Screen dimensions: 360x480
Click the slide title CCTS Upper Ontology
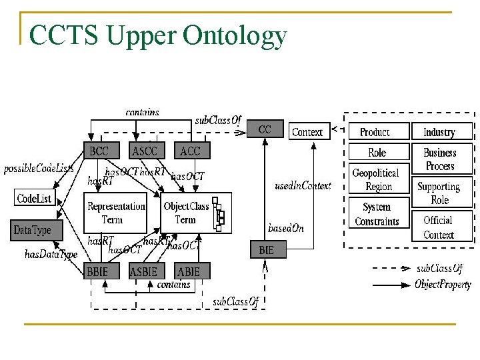pos(158,36)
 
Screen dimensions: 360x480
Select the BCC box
pos(99,151)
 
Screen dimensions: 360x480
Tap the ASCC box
pos(145,151)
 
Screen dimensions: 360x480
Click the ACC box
pos(190,151)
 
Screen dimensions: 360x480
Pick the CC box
pos(265,129)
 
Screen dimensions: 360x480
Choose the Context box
pos(307,131)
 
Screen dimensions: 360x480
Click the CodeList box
pos(33,198)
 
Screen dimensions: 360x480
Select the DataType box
pos(32,230)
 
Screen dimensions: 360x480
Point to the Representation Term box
pos(116,213)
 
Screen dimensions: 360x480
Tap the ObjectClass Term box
pos(186,213)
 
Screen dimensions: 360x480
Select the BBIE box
pos(101,271)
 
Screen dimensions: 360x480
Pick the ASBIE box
pos(143,271)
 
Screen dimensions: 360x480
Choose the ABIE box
pos(189,271)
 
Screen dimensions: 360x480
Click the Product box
pos(375,132)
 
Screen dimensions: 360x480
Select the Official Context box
pos(438,227)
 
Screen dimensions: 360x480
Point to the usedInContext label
pos(303,185)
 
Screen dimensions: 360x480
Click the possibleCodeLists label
pos(39,169)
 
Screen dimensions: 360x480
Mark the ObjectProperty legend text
pos(443,285)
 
